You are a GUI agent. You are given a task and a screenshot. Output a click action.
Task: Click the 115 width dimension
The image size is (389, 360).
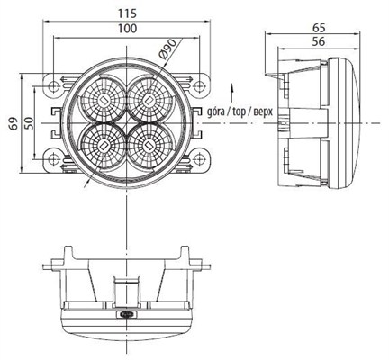[x=127, y=13]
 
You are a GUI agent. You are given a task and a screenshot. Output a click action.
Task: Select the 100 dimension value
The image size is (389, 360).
[x=127, y=30]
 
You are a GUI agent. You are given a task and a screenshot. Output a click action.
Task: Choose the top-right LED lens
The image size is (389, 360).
[x=148, y=95]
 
